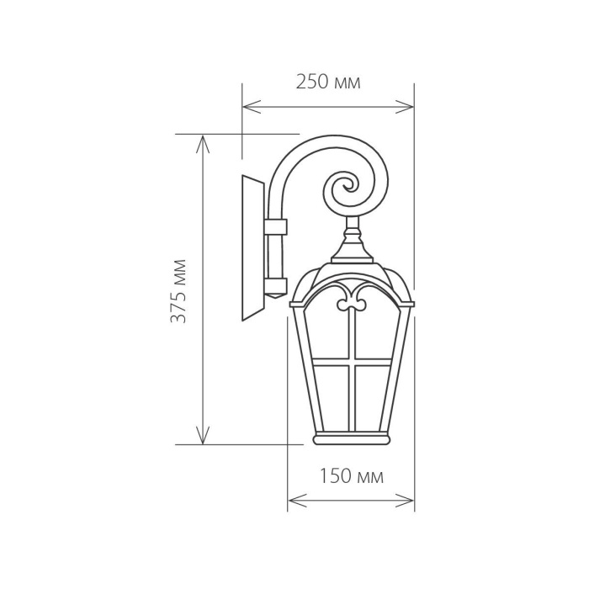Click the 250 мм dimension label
(x=328, y=82)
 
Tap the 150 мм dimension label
(x=351, y=477)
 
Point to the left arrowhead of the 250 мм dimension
(x=247, y=107)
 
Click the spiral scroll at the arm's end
(x=346, y=190)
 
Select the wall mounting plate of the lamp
(x=252, y=248)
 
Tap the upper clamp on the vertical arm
(x=274, y=227)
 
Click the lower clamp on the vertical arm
(x=274, y=284)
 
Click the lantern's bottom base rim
(x=351, y=439)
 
